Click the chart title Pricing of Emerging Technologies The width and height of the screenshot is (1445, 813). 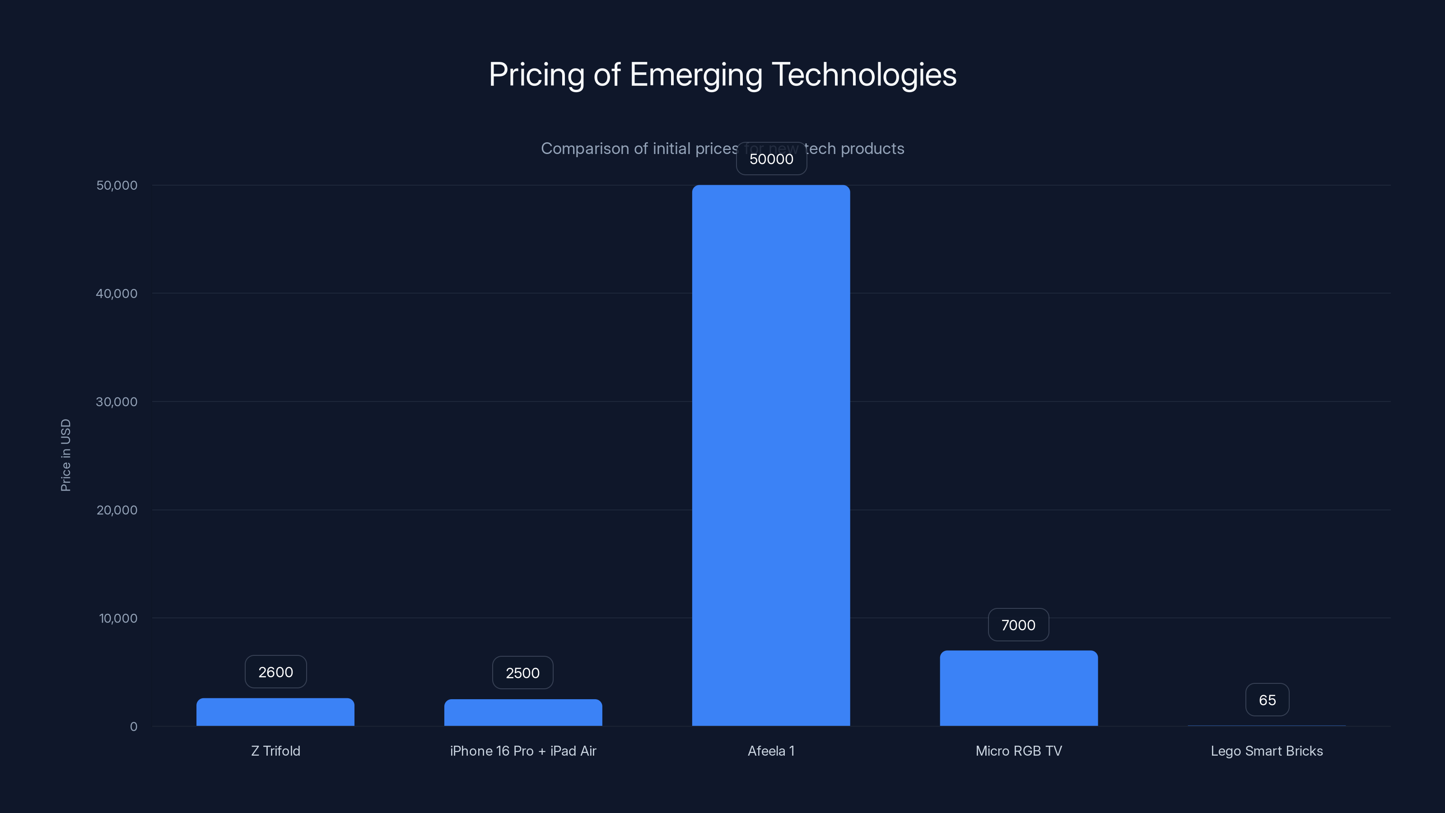tap(722, 75)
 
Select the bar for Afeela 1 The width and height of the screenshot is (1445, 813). tap(771, 454)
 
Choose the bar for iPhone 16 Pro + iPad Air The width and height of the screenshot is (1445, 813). tap(523, 713)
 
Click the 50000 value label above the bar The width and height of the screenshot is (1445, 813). tap(771, 159)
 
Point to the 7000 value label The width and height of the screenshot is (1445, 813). tap(1018, 625)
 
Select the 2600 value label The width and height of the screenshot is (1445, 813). tap(275, 672)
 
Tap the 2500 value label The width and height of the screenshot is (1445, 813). tap(523, 673)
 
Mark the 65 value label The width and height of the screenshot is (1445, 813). tap(1267, 700)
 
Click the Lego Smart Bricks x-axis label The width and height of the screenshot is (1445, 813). tap(1267, 751)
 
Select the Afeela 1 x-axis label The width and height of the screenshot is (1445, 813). tap(771, 751)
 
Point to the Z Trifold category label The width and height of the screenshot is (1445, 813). tap(275, 751)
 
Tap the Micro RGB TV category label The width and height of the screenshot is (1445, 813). tap(1019, 751)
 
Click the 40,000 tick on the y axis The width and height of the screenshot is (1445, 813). tap(117, 294)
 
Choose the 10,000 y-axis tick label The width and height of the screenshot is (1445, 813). tap(118, 618)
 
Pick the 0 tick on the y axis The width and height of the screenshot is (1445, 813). tap(134, 727)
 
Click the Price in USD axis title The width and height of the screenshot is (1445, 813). tap(65, 455)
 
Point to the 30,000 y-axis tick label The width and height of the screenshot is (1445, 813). tap(117, 402)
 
